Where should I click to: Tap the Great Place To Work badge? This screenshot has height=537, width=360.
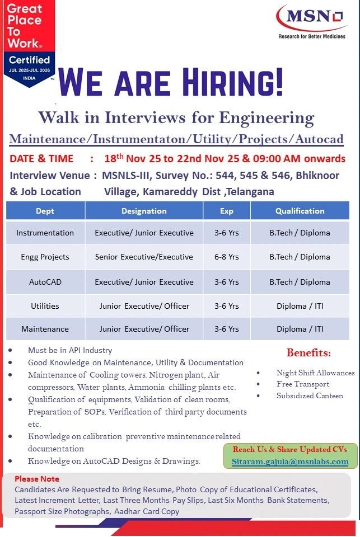[x=28, y=42]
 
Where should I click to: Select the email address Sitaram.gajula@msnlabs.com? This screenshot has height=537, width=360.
[x=290, y=461]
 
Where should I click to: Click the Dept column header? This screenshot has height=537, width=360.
[x=45, y=211]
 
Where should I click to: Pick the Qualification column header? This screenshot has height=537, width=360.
[x=300, y=211]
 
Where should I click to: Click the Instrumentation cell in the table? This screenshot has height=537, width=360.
[x=45, y=233]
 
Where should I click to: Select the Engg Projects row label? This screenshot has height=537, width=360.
[x=45, y=257]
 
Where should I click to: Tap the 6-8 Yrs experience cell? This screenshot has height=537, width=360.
[x=227, y=257]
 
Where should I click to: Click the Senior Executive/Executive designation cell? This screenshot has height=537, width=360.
[x=144, y=257]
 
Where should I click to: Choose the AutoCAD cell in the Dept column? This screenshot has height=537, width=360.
[x=45, y=282]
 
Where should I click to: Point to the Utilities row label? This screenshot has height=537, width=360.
[x=45, y=306]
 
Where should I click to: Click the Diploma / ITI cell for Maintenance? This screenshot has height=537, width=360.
[x=300, y=329]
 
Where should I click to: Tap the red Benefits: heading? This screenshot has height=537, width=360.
[x=308, y=352]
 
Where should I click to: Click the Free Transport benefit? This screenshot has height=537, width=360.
[x=302, y=384]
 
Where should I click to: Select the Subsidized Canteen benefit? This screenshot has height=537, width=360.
[x=309, y=395]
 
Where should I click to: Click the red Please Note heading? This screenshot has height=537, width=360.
[x=36, y=479]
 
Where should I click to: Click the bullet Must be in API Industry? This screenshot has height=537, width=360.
[x=70, y=350]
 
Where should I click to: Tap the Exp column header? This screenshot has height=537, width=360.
[x=227, y=211]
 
